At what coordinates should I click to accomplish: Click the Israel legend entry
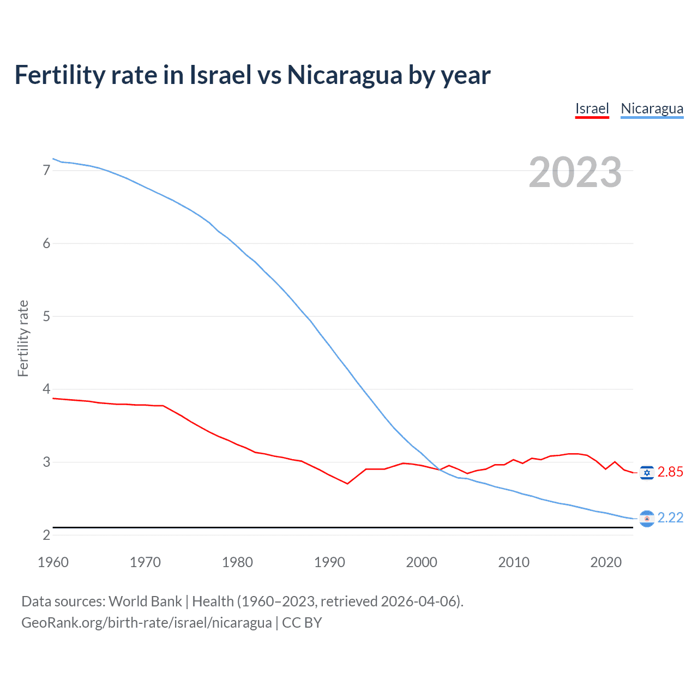point(592,109)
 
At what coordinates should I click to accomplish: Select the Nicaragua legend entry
point(652,109)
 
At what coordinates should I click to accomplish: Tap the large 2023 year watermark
point(575,172)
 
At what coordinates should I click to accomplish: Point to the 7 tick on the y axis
point(46,171)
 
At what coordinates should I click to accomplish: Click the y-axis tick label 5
point(46,316)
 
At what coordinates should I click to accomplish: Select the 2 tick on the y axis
point(46,535)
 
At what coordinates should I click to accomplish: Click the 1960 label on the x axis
point(53,562)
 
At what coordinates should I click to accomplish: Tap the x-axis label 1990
point(329,562)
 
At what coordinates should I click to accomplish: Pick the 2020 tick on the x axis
point(606,562)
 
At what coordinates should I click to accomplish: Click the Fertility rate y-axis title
point(23,338)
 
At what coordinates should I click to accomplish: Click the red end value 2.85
point(670,472)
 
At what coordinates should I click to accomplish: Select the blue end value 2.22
point(670,518)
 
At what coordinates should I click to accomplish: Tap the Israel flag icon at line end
point(647,472)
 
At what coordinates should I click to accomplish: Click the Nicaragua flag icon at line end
point(647,519)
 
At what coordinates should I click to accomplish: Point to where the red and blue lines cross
point(440,470)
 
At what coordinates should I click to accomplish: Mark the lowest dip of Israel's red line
point(347,484)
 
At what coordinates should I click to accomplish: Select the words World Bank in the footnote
point(145,601)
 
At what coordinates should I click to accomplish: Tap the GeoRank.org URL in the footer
point(146,623)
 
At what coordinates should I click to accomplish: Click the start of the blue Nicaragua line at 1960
point(53,159)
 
